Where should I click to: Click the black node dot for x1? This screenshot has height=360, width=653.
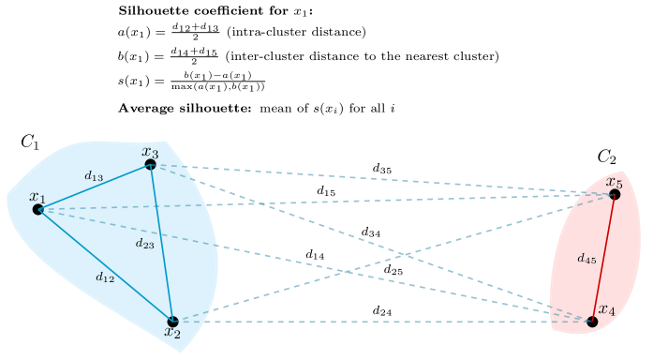pyautogui.click(x=38, y=209)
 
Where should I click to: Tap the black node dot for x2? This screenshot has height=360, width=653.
pyautogui.click(x=172, y=322)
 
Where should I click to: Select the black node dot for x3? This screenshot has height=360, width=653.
pyautogui.click(x=150, y=164)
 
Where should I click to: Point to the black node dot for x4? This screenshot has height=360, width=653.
pyautogui.click(x=592, y=322)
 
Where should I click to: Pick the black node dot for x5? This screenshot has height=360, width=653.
pyautogui.click(x=615, y=194)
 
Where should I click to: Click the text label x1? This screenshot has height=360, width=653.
pyautogui.click(x=37, y=196)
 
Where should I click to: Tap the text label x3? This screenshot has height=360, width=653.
pyautogui.click(x=150, y=151)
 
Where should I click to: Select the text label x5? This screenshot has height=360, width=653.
pyautogui.click(x=614, y=181)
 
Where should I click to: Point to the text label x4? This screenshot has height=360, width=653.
pyautogui.click(x=606, y=309)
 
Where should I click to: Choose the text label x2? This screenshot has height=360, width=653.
pyautogui.click(x=172, y=332)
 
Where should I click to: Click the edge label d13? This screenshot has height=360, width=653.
pyautogui.click(x=94, y=175)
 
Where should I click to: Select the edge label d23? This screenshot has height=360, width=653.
pyautogui.click(x=144, y=244)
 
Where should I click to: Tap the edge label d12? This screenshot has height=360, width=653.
pyautogui.click(x=105, y=277)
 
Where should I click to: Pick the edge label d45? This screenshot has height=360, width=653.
pyautogui.click(x=586, y=258)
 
